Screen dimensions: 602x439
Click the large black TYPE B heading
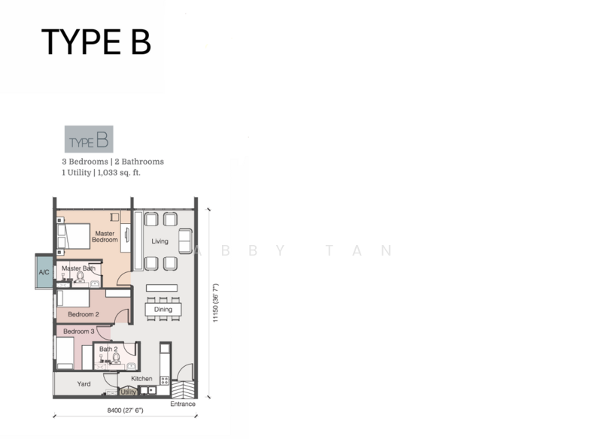pos(96,42)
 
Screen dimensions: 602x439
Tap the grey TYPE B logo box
pos(89,139)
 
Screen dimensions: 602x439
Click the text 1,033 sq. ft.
pos(119,173)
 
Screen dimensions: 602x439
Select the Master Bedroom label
pos(105,237)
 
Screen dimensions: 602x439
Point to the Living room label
pos(160,241)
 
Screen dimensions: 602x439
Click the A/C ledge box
pos(44,271)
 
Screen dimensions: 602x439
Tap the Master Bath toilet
pos(80,277)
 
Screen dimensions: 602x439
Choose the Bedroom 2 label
pos(84,314)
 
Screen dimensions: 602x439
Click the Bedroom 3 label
pos(79,332)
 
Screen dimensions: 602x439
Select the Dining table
pos(163,310)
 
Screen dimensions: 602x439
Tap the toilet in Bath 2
pos(117,358)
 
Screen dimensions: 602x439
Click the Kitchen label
pos(141,378)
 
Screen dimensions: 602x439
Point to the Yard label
pos(84,384)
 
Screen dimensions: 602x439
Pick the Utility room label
pos(128,392)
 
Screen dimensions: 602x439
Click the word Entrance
pos(183,404)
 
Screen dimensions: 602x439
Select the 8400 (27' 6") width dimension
pos(125,410)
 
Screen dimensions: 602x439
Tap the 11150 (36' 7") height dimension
pos(215,303)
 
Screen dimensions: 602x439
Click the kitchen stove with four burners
pos(165,380)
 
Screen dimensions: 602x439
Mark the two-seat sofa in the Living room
pos(185,241)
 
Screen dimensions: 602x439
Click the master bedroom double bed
pos(74,236)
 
